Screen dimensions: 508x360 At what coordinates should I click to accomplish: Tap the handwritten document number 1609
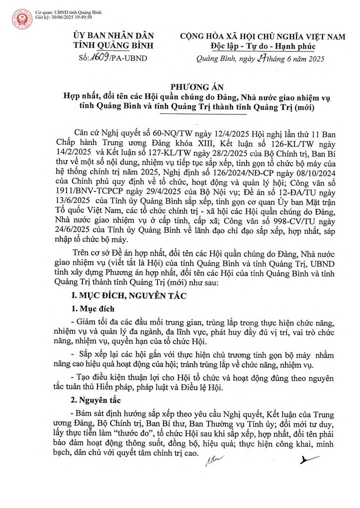(x=103, y=58)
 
